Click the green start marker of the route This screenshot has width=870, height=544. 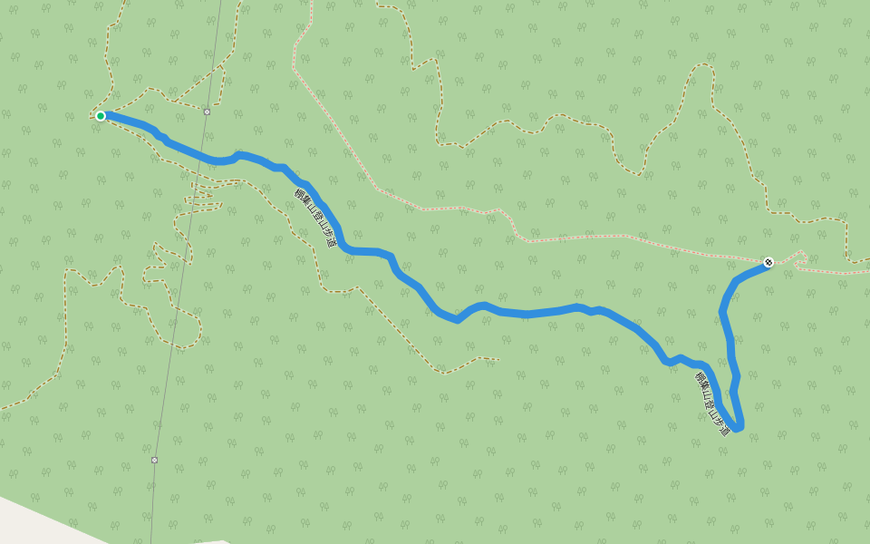tap(101, 116)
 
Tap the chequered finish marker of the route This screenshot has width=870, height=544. tap(768, 262)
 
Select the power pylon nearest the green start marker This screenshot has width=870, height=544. tap(207, 112)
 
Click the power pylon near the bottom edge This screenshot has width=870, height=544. tap(154, 460)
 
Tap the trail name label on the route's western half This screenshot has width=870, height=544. tap(315, 219)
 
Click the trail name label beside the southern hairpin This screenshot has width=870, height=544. tap(712, 403)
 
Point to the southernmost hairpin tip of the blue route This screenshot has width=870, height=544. tap(738, 427)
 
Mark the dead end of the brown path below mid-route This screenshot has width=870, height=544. tap(498, 360)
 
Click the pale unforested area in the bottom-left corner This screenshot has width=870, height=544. tap(36, 522)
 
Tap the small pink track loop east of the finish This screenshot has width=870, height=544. tap(799, 257)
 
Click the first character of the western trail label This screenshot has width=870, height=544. tap(298, 193)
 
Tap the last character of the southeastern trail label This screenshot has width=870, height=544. tap(724, 430)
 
